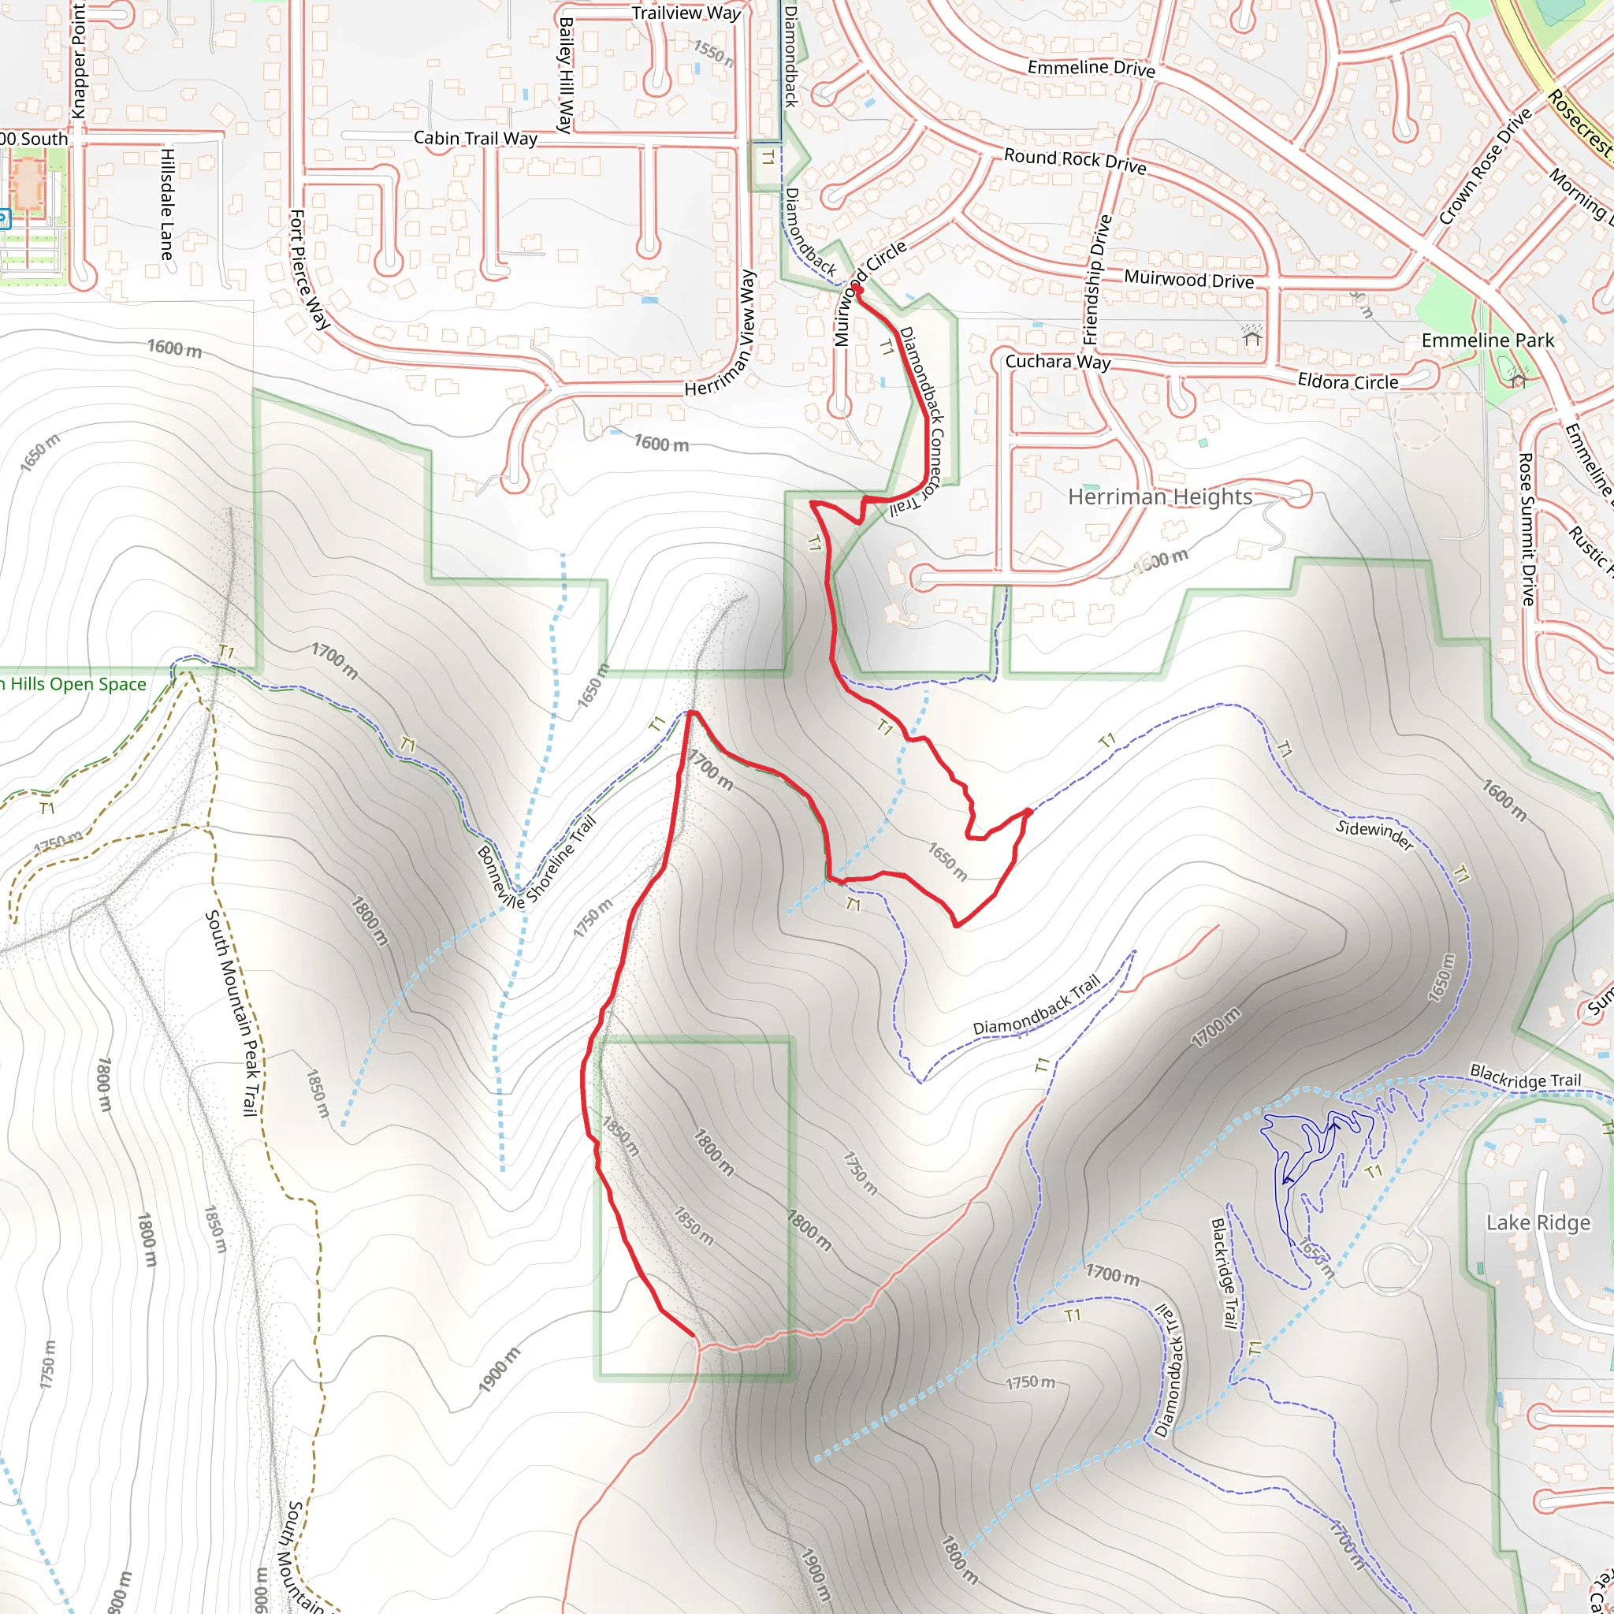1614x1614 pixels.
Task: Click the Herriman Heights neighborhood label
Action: point(1159,497)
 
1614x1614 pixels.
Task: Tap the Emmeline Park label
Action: point(1487,340)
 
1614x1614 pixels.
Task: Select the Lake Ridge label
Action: point(1538,1223)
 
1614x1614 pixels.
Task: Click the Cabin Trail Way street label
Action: point(475,138)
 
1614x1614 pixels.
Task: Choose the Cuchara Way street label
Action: point(1057,362)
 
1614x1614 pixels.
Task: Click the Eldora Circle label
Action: point(1348,381)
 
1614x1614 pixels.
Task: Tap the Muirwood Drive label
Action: point(1188,279)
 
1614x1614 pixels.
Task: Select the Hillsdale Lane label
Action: point(167,204)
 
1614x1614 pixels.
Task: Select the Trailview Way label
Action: point(686,13)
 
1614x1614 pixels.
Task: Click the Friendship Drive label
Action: point(1096,280)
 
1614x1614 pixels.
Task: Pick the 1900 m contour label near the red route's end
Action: point(499,1370)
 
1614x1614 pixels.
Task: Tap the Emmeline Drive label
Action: point(1090,68)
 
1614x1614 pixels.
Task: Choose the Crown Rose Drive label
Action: point(1485,167)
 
